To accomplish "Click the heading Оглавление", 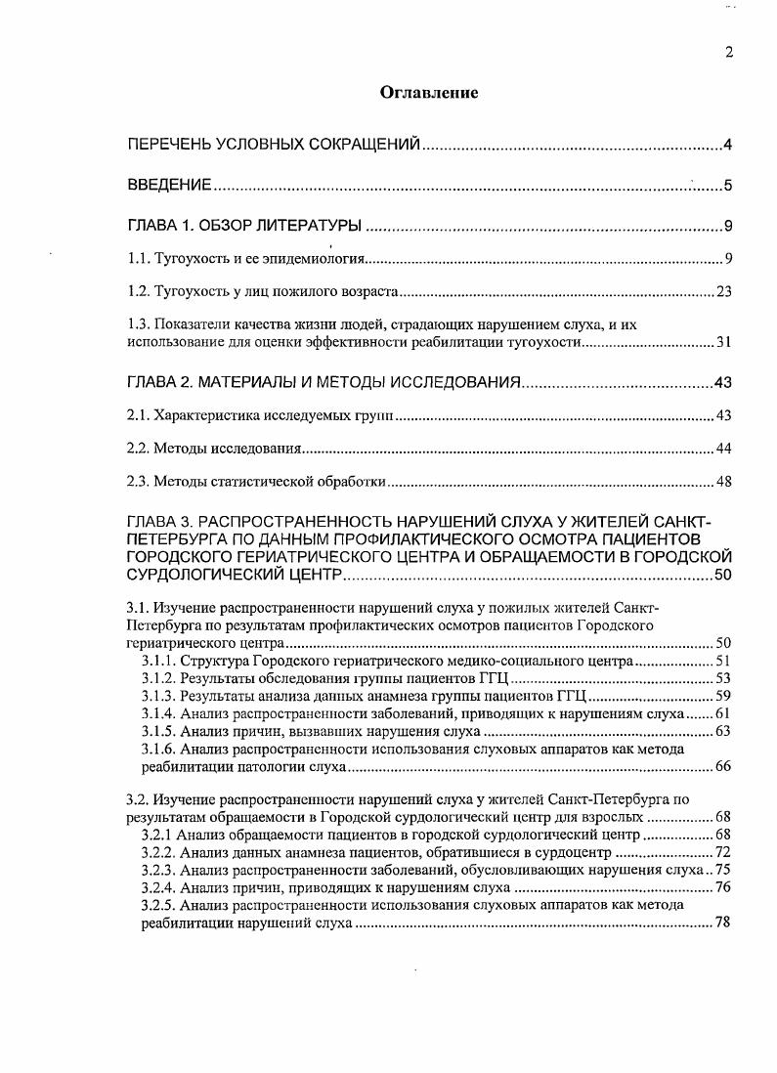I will click(x=429, y=94).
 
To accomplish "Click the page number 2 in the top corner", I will click(x=729, y=53).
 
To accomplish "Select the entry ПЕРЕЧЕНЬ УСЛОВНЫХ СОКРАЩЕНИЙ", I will click(x=275, y=146).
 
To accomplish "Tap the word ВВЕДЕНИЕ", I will click(x=170, y=185).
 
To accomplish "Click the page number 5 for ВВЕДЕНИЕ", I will click(x=728, y=185).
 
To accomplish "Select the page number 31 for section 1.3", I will click(x=724, y=342).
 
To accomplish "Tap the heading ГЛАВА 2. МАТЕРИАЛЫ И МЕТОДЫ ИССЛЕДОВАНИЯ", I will click(x=324, y=382).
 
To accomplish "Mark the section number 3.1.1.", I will click(x=158, y=662).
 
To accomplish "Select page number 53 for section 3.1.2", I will click(x=724, y=678).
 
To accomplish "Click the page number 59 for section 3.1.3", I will click(x=724, y=696).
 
